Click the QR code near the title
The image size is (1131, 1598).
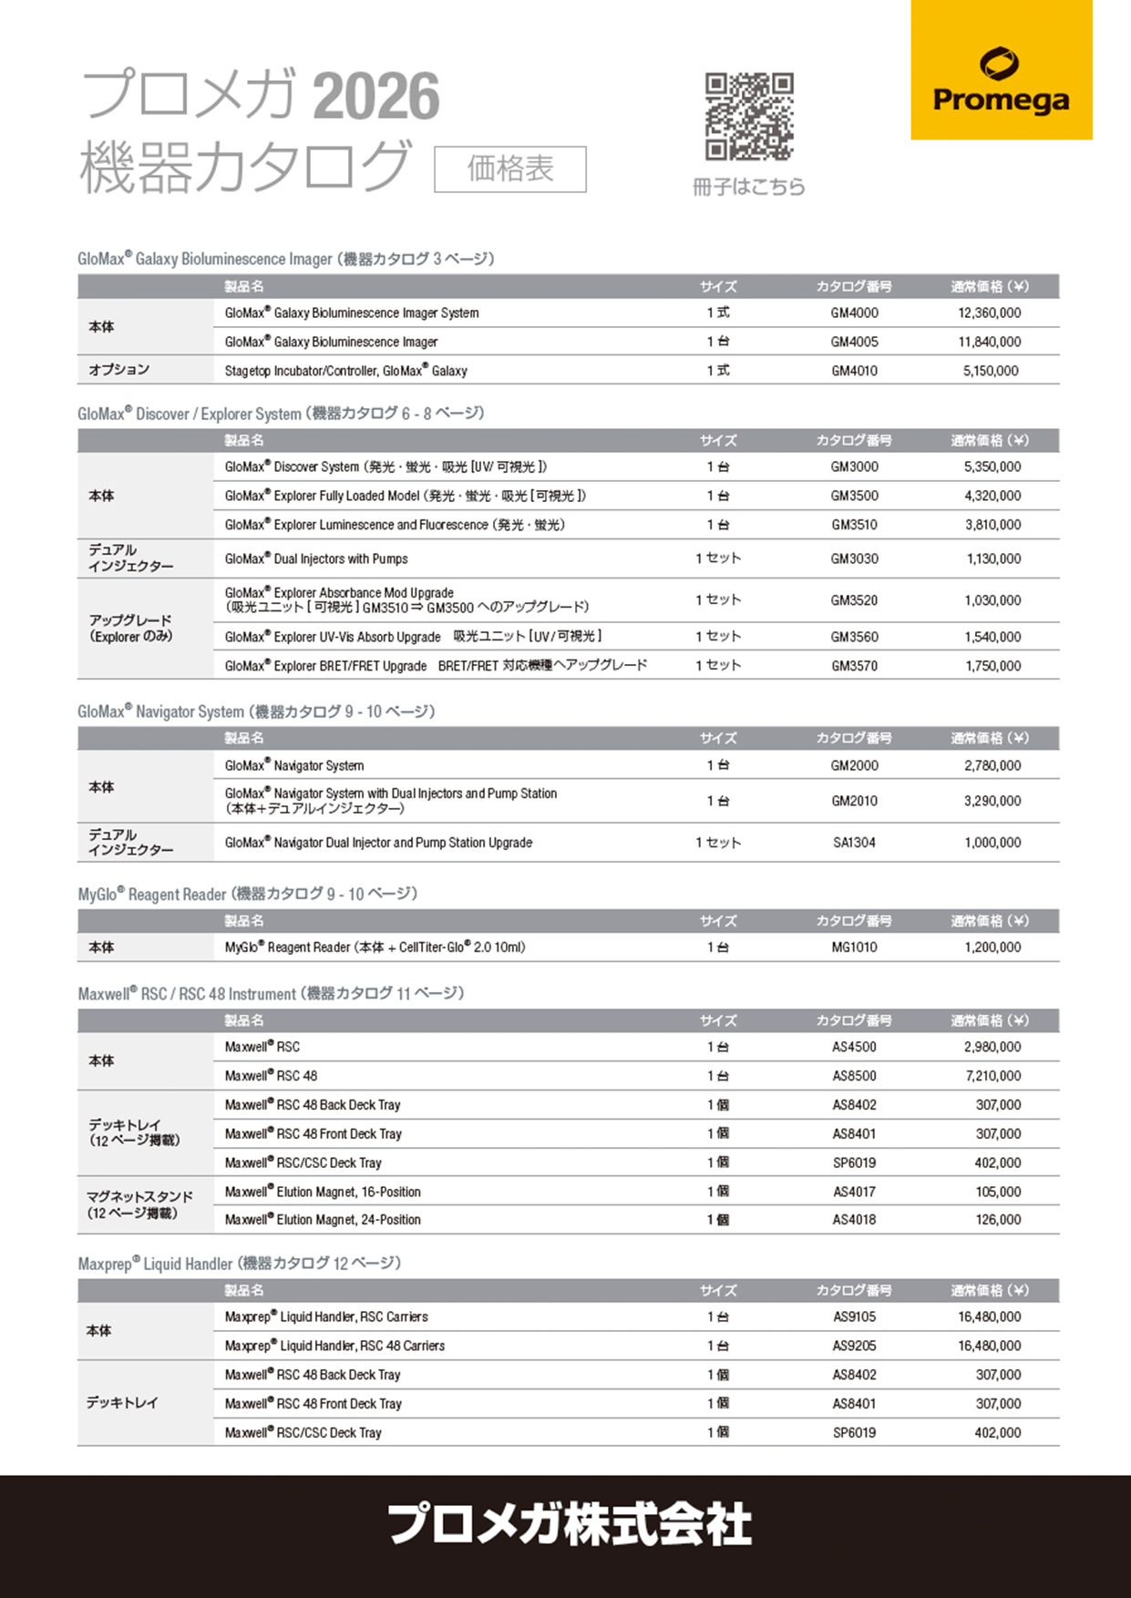tap(749, 117)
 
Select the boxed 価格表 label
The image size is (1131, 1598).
tap(510, 169)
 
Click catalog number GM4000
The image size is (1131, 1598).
tap(854, 313)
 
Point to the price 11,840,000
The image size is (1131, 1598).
tap(989, 343)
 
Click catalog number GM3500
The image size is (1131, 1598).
tap(854, 497)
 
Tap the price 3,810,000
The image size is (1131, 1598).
tap(992, 526)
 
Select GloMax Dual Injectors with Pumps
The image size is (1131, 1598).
tap(316, 559)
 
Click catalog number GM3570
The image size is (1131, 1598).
tap(854, 666)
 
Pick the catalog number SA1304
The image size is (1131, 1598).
tap(854, 843)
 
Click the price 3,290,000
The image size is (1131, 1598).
tap(992, 802)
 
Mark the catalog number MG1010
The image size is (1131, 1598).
tap(854, 948)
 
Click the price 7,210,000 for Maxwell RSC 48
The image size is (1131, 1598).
tap(992, 1076)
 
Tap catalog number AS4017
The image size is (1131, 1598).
tap(854, 1192)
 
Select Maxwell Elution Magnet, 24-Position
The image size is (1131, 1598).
tap(323, 1220)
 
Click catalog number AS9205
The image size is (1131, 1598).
tap(854, 1346)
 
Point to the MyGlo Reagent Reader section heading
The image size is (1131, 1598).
tap(247, 895)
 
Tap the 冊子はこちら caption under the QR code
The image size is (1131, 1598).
tap(749, 187)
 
